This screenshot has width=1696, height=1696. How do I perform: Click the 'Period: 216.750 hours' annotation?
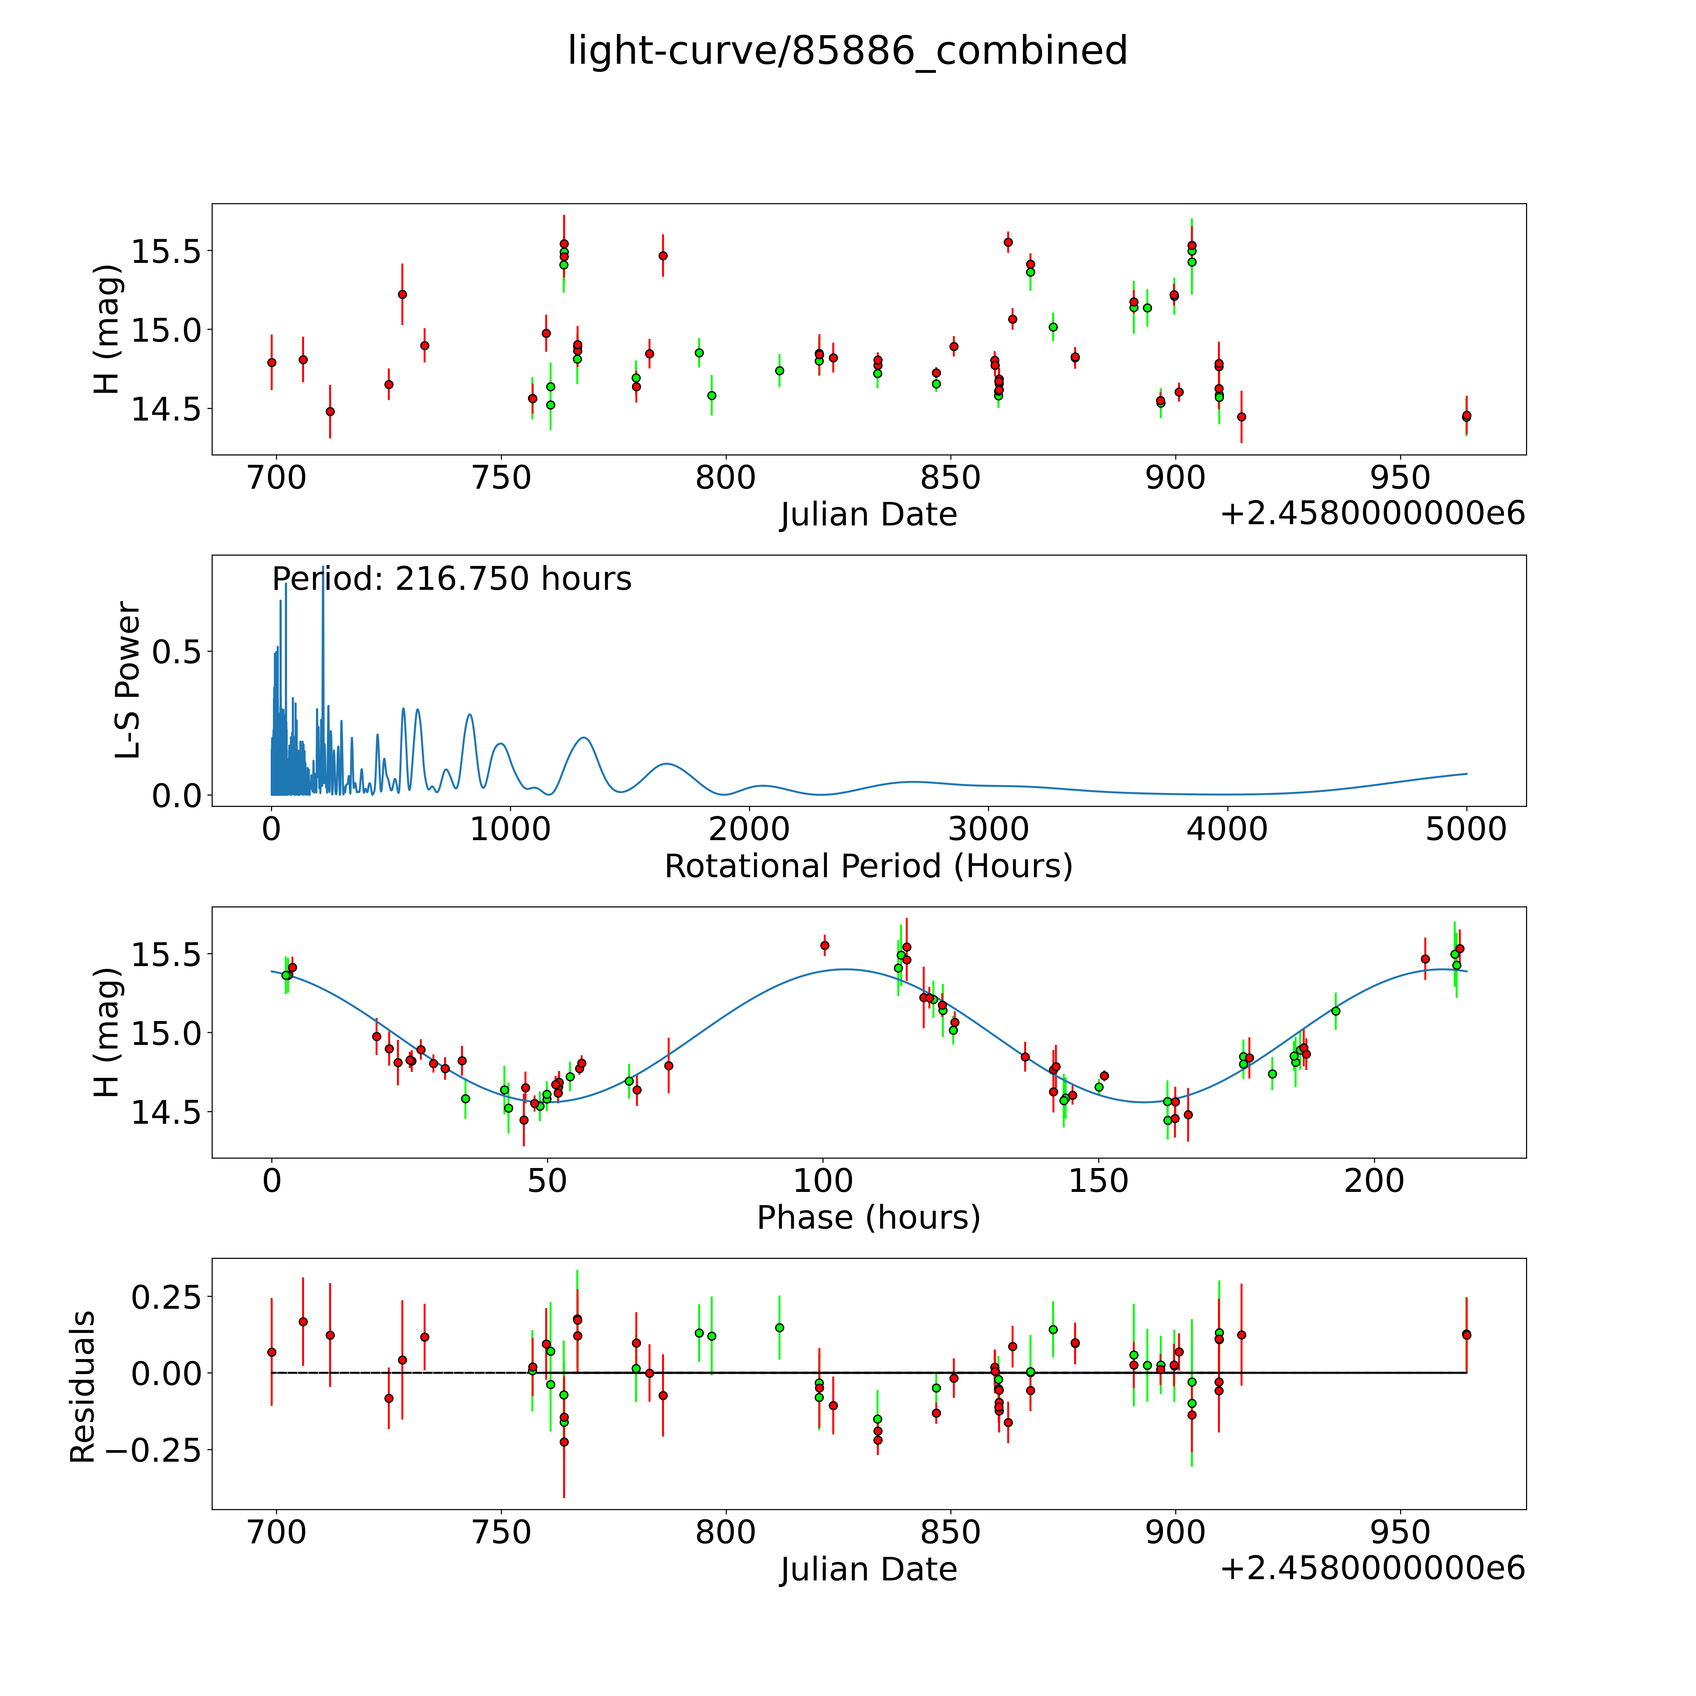(451, 579)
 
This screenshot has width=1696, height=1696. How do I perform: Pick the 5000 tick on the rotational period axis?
(1466, 829)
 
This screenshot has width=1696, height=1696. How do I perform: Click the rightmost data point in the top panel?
(1466, 416)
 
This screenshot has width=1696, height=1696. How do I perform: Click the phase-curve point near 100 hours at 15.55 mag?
(824, 945)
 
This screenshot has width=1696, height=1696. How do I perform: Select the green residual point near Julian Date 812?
(779, 1327)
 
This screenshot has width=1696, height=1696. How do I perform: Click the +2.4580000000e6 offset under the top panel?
(1372, 514)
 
